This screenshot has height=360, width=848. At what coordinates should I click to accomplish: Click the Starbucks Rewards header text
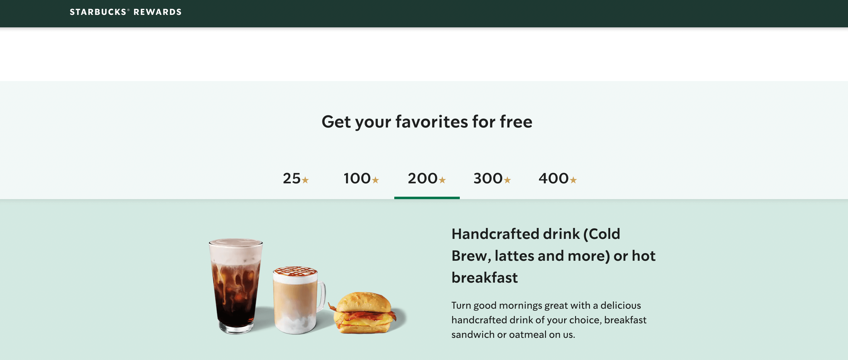click(x=126, y=12)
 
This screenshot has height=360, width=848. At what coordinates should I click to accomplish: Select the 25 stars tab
click(x=295, y=178)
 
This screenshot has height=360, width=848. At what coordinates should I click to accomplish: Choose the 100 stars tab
click(x=361, y=178)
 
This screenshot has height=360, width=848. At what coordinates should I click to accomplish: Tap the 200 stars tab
click(x=427, y=178)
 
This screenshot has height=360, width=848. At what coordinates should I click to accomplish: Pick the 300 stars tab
click(x=492, y=178)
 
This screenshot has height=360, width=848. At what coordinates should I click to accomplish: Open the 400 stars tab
click(x=557, y=178)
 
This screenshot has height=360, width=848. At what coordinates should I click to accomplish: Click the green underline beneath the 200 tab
click(x=427, y=198)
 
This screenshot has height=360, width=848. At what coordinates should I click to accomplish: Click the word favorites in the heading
click(x=431, y=122)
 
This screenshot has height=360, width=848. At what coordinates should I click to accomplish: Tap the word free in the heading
click(x=516, y=122)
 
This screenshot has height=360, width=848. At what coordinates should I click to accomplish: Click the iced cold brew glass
click(x=235, y=290)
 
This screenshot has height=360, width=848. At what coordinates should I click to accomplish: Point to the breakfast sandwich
click(x=364, y=313)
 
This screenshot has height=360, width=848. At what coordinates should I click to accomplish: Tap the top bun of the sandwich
click(x=364, y=301)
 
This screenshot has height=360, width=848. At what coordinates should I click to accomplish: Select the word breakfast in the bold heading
click(x=484, y=278)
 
